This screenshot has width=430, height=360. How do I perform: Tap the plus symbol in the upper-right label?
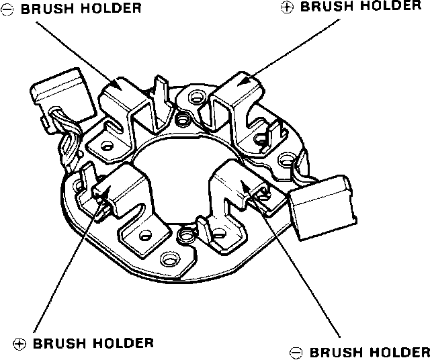click(x=286, y=6)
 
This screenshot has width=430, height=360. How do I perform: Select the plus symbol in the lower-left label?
click(x=19, y=343)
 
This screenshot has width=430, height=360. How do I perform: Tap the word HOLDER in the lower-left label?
click(x=123, y=343)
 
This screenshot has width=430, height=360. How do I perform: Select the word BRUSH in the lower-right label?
click(x=335, y=352)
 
